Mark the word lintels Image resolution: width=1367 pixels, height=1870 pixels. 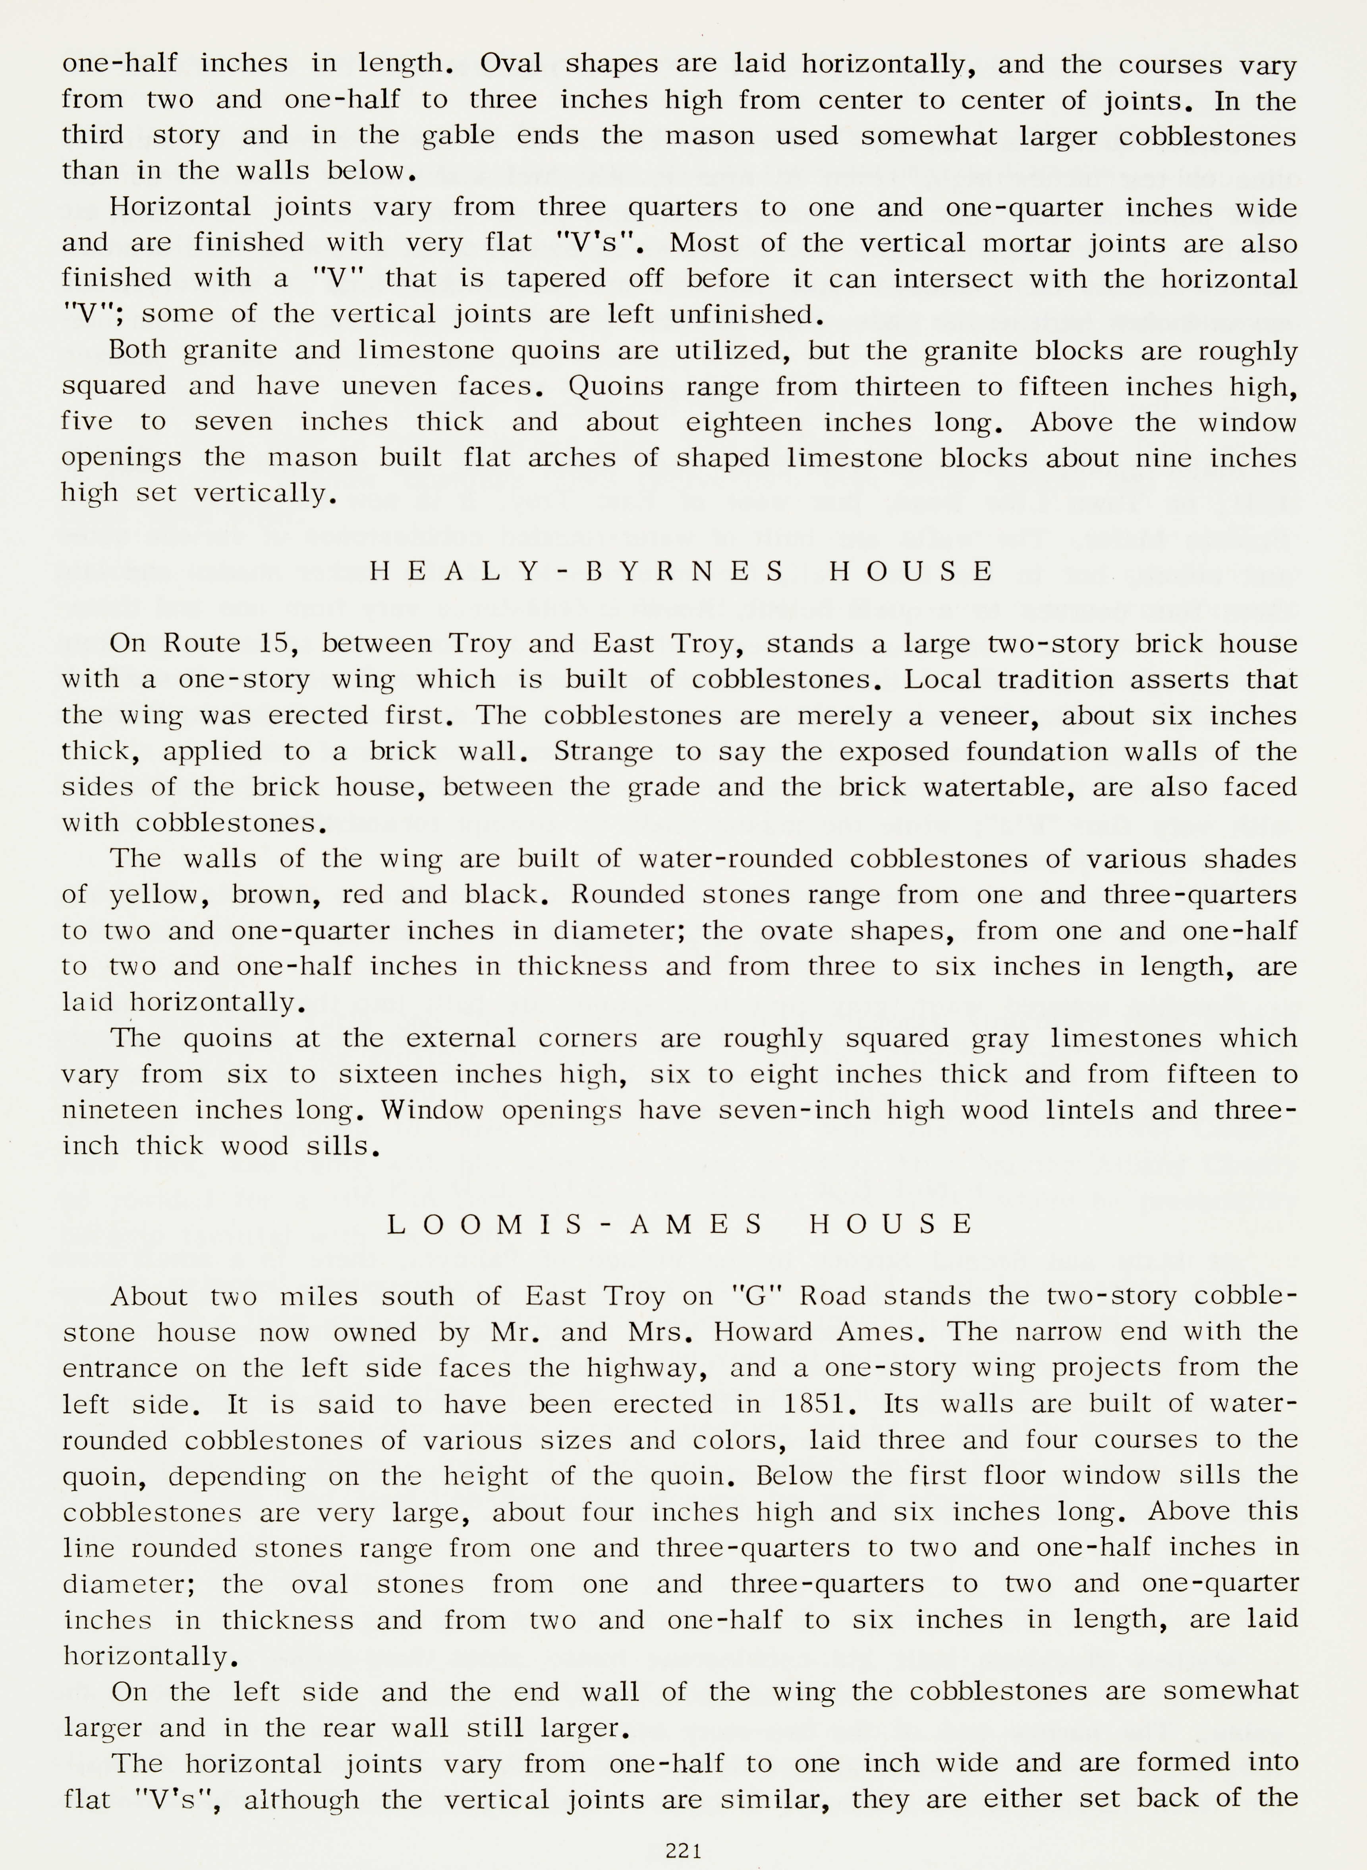tap(1087, 1110)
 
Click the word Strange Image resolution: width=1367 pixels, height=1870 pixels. tap(603, 751)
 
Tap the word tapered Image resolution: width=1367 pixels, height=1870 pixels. tap(556, 278)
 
